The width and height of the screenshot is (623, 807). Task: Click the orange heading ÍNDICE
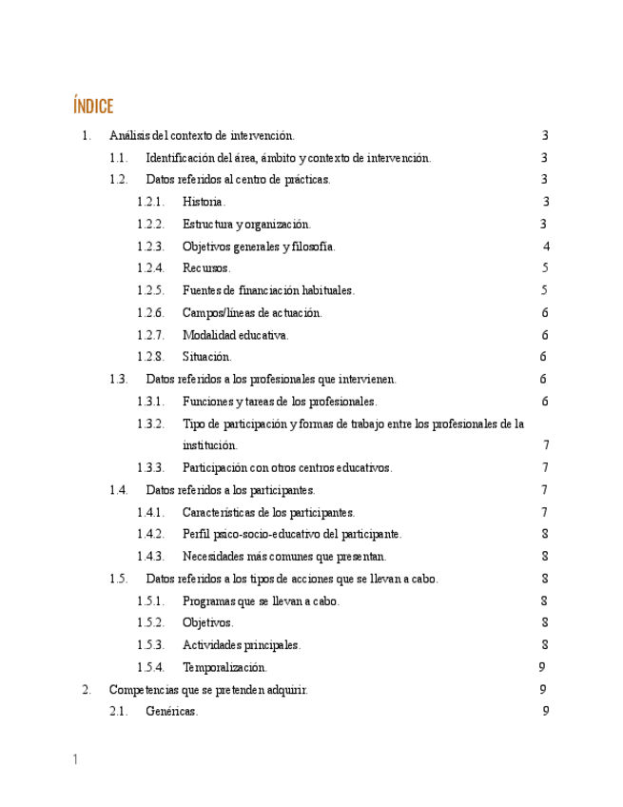(x=92, y=106)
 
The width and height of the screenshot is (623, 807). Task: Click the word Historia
(x=204, y=202)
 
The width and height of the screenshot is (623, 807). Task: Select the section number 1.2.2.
(x=150, y=225)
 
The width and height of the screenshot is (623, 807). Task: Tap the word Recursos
(x=206, y=268)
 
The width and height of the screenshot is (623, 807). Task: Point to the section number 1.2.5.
(x=150, y=290)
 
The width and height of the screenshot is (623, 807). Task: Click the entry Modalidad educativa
(x=236, y=335)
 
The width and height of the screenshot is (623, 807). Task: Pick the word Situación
(x=206, y=357)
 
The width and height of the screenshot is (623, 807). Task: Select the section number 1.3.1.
(x=150, y=402)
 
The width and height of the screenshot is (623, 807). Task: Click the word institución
(x=210, y=445)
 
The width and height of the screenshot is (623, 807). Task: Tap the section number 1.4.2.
(x=150, y=534)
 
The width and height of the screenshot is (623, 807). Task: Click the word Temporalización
(x=224, y=667)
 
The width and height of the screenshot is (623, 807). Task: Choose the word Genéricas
(x=172, y=712)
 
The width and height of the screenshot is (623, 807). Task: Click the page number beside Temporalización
(x=541, y=667)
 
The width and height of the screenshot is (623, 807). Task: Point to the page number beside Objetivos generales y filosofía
(x=547, y=246)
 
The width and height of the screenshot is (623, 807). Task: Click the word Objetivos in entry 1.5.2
(x=207, y=622)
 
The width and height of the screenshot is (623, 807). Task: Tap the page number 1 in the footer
(x=75, y=759)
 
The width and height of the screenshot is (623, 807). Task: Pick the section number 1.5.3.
(x=150, y=645)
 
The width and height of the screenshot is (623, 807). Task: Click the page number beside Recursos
(x=545, y=268)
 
